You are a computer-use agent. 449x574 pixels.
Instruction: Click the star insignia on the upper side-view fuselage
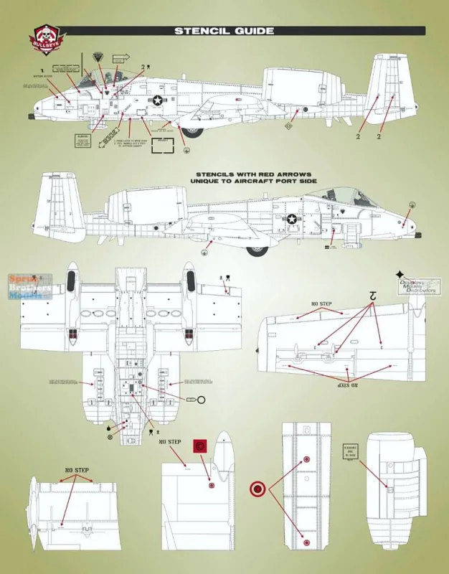pyautogui.click(x=158, y=102)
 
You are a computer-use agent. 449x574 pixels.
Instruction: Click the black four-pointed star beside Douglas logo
pyautogui.click(x=399, y=275)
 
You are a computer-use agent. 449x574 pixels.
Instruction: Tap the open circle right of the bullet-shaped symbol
pyautogui.click(x=202, y=399)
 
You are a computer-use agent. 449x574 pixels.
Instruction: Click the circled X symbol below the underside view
pyautogui.click(x=110, y=436)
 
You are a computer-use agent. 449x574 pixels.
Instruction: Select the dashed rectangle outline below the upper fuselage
pyautogui.click(x=164, y=148)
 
